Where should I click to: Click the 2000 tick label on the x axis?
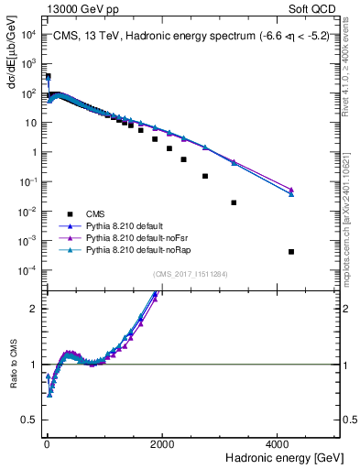[162, 443]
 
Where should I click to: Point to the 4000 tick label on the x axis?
[278, 443]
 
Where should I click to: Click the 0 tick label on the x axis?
[47, 443]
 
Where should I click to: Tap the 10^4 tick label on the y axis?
[27, 35]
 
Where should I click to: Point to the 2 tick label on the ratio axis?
[33, 308]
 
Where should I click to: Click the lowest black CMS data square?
[290, 252]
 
